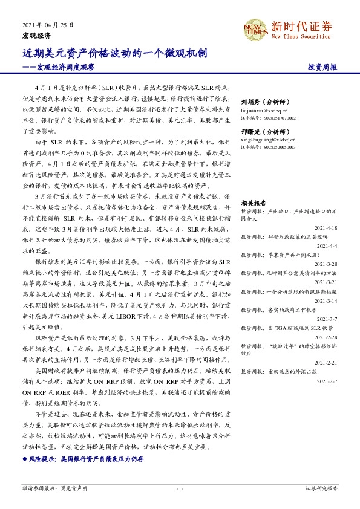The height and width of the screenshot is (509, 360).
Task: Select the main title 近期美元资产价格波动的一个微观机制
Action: tap(116, 53)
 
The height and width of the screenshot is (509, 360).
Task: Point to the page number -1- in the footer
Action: tap(180, 488)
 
